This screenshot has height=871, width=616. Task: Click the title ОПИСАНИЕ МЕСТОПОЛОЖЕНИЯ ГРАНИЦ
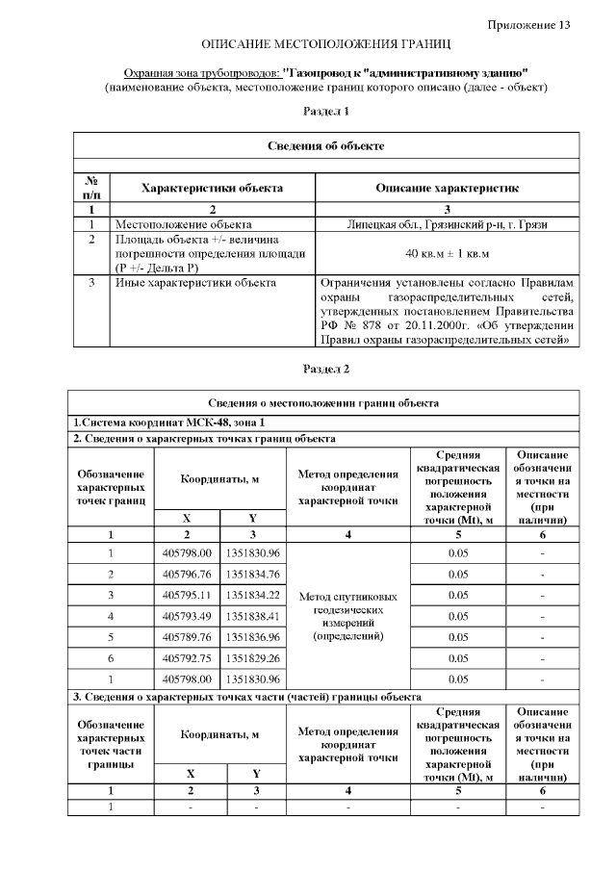coord(326,46)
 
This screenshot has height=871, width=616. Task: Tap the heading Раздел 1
coord(326,112)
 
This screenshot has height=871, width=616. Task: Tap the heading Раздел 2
coord(326,369)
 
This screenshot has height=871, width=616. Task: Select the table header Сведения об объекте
coord(326,146)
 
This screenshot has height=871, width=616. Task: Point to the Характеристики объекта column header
coord(212,189)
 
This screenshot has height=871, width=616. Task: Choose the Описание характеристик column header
coord(447,189)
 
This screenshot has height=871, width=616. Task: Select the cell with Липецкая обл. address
coord(447,223)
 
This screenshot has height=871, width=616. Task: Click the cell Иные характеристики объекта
coord(195,283)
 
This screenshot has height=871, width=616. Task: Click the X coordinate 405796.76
coord(187,575)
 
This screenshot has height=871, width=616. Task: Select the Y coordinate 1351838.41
coord(253,616)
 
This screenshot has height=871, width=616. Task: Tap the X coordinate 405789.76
coord(187,637)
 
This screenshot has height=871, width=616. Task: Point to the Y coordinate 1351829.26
coord(253,658)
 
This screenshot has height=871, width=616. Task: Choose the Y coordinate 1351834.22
coord(253,595)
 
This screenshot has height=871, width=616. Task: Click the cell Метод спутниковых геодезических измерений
coord(348,616)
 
